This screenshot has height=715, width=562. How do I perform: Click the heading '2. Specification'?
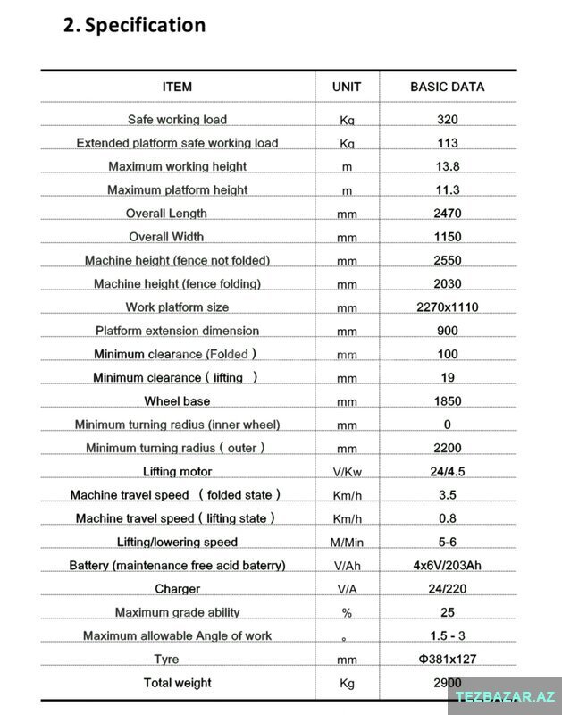click(134, 25)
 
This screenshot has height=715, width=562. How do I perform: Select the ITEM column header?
click(177, 87)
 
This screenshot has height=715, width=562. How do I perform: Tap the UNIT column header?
click(347, 87)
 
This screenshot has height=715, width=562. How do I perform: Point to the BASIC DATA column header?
click(447, 87)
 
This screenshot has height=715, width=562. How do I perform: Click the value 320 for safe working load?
click(448, 120)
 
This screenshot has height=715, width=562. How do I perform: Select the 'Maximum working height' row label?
click(177, 166)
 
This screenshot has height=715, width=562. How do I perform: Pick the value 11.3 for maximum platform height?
click(448, 189)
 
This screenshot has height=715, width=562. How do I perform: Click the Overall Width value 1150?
click(448, 237)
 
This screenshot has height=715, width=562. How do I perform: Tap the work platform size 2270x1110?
click(448, 307)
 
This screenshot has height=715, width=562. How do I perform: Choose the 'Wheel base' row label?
click(177, 401)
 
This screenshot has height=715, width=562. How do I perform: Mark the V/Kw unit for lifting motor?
click(347, 472)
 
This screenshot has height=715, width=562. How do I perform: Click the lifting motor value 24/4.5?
click(448, 471)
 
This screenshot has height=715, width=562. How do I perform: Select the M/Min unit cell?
click(347, 543)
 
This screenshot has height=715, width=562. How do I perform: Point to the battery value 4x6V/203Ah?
click(448, 565)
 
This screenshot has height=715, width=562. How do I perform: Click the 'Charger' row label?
click(177, 589)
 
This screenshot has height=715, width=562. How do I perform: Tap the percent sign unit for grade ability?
click(347, 613)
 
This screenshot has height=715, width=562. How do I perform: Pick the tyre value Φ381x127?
click(448, 660)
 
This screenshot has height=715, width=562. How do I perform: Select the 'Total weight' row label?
click(177, 683)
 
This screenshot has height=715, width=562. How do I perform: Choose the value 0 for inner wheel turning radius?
click(448, 425)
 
